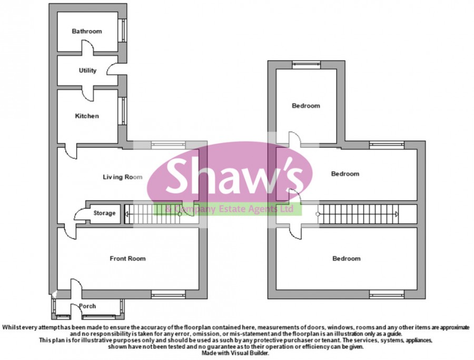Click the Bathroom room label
click(x=87, y=32)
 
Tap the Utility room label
click(x=87, y=71)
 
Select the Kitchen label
click(x=87, y=116)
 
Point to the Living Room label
click(x=122, y=177)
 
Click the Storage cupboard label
click(x=104, y=213)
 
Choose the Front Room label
click(x=127, y=258)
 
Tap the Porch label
click(x=87, y=306)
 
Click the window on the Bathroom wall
click(x=122, y=31)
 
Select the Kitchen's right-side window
click(x=122, y=112)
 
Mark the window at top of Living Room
click(x=169, y=144)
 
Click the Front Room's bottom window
click(x=169, y=293)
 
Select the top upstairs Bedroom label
click(x=306, y=106)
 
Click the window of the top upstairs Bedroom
click(x=306, y=65)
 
